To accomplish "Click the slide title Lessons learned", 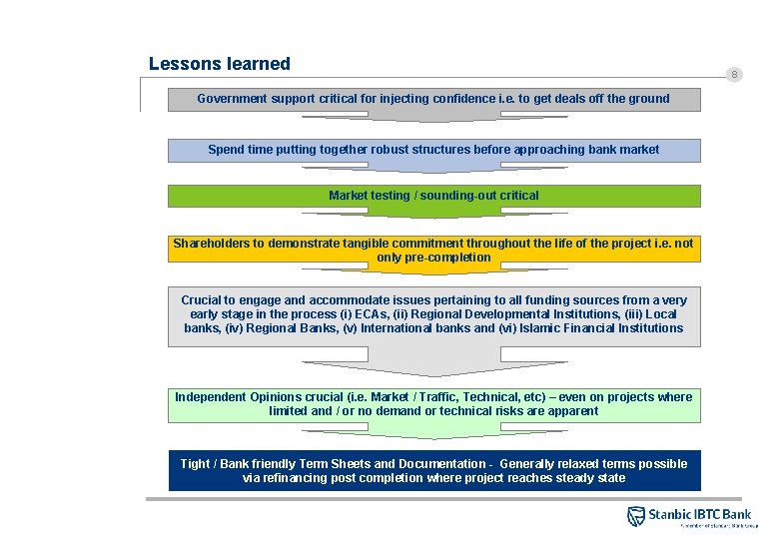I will [219, 64].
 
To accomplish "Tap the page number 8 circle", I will [734, 75].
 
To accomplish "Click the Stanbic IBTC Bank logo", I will [688, 515].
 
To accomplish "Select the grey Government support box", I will [433, 99].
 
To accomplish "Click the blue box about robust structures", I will [433, 150].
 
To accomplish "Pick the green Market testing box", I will [433, 196].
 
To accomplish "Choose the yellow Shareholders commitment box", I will [433, 250].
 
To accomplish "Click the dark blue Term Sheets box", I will [433, 470].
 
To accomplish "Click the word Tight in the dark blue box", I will [195, 464].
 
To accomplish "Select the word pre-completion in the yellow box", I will [433, 258].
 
